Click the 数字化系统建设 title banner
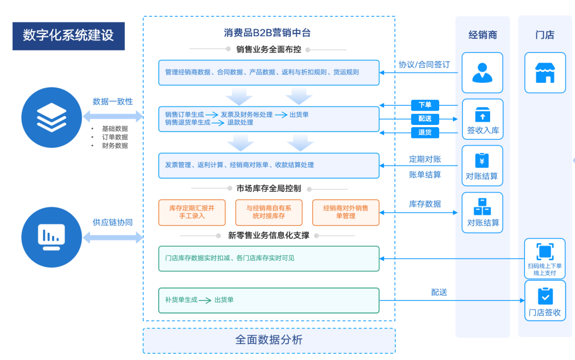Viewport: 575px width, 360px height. (x=68, y=36)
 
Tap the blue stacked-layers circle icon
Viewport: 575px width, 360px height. (x=51, y=117)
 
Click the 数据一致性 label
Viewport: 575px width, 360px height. (x=113, y=101)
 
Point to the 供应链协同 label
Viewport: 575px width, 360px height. (x=113, y=222)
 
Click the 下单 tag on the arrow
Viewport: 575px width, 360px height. (x=425, y=105)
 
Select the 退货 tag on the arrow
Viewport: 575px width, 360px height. (x=425, y=132)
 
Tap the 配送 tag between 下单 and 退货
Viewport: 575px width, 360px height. (x=425, y=118)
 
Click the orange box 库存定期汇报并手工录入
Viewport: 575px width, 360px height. (x=192, y=212)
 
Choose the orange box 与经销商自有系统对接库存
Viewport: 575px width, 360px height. (x=269, y=212)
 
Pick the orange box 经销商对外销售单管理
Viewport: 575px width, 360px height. (x=346, y=212)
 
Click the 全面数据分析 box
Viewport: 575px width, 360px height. (x=269, y=340)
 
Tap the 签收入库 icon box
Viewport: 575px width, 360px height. (x=482, y=119)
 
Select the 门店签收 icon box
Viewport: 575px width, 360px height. (x=545, y=301)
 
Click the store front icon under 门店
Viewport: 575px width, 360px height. (x=545, y=73)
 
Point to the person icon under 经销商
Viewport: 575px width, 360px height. (x=482, y=73)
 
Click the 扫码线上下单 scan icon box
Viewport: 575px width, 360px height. (x=545, y=258)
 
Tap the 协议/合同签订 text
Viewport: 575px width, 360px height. (x=424, y=64)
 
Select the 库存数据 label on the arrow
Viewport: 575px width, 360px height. (x=425, y=203)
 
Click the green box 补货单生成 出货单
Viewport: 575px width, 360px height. (x=269, y=300)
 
